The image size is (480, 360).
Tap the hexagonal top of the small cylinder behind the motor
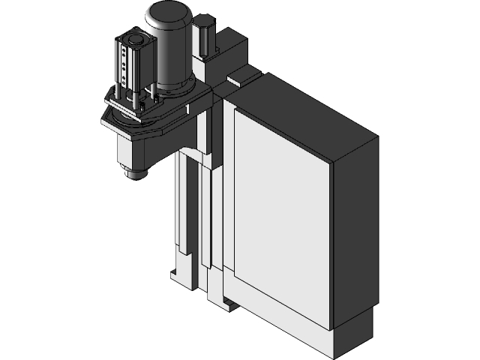coord(204,28)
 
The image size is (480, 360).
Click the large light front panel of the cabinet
coord(281,217)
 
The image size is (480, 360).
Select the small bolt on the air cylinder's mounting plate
coord(115,95)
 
